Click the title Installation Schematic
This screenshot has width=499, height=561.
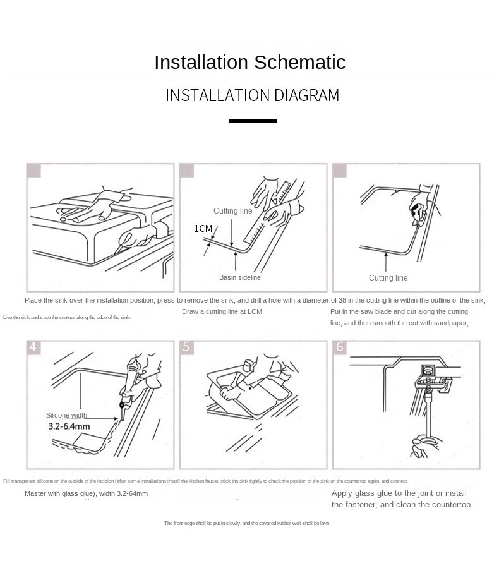pyautogui.click(x=249, y=63)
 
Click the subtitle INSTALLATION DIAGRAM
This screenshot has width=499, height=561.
pyautogui.click(x=252, y=95)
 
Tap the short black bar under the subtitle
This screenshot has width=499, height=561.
pyautogui.click(x=253, y=121)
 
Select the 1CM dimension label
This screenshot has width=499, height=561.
pyautogui.click(x=203, y=229)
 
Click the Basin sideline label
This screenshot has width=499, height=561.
pyautogui.click(x=239, y=277)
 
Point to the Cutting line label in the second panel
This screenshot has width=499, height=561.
pyautogui.click(x=232, y=211)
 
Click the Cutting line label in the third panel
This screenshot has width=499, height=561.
pyautogui.click(x=388, y=278)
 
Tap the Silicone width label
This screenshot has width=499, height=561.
pyautogui.click(x=66, y=415)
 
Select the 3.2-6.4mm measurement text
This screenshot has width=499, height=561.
pyautogui.click(x=69, y=426)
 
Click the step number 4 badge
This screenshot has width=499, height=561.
pyautogui.click(x=33, y=347)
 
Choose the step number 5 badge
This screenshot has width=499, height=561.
pyautogui.click(x=186, y=347)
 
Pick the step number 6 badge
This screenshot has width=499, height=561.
pyautogui.click(x=340, y=347)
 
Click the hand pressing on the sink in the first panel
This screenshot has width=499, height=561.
pyautogui.click(x=95, y=208)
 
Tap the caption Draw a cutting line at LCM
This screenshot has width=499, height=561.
pyautogui.click(x=222, y=311)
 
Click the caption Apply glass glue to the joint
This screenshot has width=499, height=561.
pyautogui.click(x=399, y=493)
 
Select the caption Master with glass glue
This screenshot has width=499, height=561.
pyautogui.click(x=86, y=493)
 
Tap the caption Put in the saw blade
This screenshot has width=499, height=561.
pyautogui.click(x=399, y=311)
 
